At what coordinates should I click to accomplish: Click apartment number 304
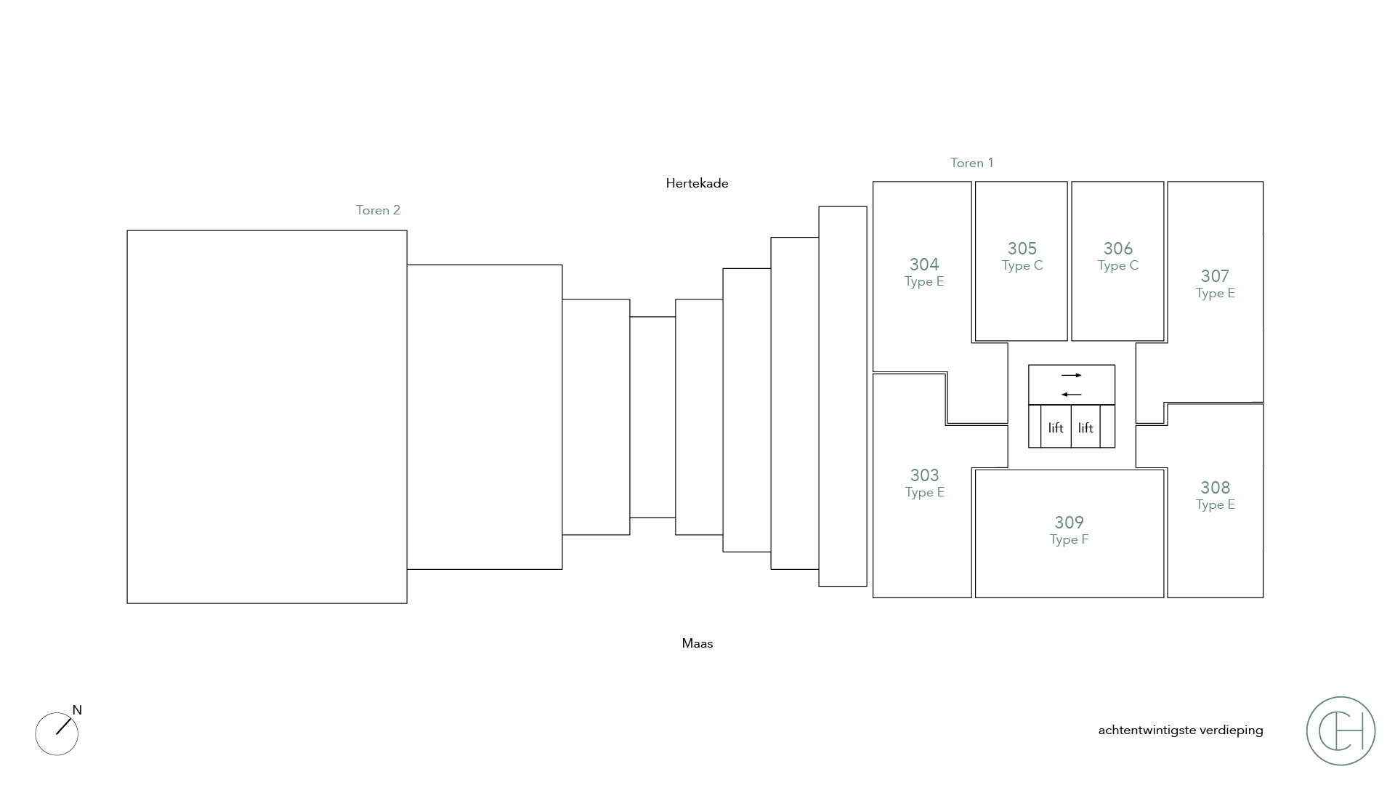(924, 265)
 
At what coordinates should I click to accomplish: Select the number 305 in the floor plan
(1022, 249)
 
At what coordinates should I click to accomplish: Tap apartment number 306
(1117, 249)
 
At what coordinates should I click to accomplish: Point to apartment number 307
(1215, 276)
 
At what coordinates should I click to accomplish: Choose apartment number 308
(1215, 488)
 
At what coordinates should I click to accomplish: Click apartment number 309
(1069, 523)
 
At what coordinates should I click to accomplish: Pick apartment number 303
(924, 475)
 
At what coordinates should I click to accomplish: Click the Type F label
(1069, 539)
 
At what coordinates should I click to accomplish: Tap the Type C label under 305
(1022, 265)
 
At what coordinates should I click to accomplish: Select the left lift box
(1056, 428)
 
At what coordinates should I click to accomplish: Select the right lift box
(1085, 428)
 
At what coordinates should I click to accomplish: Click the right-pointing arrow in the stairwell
(1072, 375)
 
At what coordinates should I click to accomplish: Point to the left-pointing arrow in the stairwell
(1072, 395)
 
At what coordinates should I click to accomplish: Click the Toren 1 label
(971, 163)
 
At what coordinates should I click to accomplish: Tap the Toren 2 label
(378, 210)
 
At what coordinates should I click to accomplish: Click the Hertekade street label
(697, 183)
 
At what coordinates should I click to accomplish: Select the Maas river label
(697, 643)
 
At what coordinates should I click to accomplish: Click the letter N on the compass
(77, 710)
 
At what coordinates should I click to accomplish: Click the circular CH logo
(1341, 730)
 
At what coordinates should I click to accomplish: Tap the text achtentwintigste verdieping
(1180, 730)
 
